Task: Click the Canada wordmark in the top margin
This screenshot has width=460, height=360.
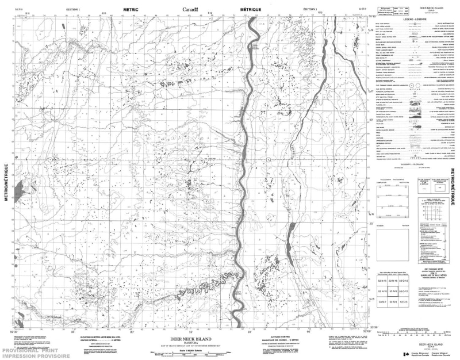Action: [x=190, y=10]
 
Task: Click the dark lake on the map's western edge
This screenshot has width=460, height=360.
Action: [x=20, y=187]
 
